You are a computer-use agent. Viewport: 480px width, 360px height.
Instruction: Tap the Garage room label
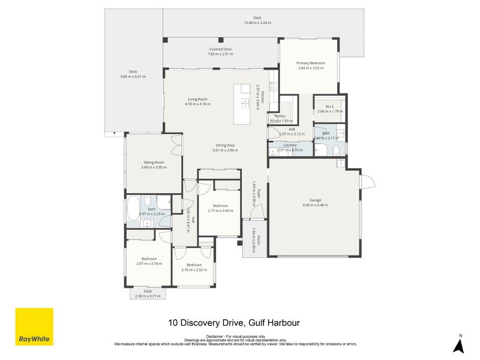click(316, 200)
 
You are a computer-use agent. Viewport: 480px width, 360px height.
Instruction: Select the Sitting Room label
click(154, 162)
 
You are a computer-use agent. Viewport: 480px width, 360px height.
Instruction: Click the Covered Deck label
click(220, 49)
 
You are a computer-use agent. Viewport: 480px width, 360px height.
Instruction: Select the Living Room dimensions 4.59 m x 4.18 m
click(197, 104)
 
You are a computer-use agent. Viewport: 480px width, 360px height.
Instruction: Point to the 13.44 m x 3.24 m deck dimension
click(257, 23)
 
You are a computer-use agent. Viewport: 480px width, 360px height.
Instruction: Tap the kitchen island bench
click(245, 104)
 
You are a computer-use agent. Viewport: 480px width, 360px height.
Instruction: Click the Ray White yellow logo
click(34, 326)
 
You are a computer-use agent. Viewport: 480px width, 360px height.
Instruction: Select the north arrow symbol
click(459, 345)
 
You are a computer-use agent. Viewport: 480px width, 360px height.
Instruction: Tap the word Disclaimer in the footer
click(215, 336)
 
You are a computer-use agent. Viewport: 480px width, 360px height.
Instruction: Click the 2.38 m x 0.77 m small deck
click(148, 293)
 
